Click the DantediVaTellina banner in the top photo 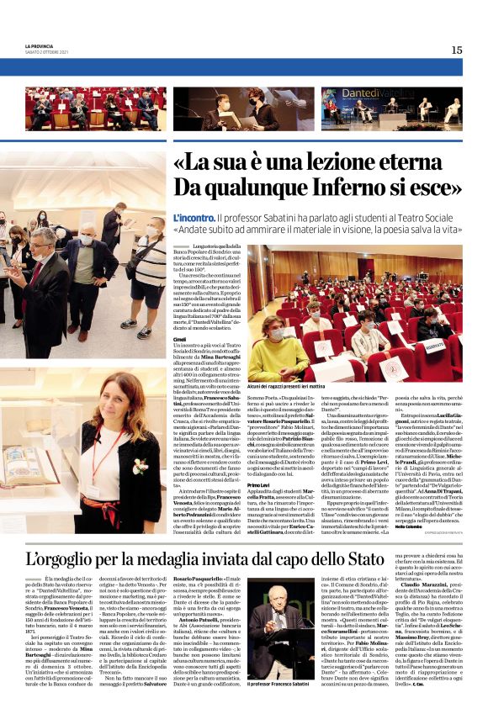[x=365, y=94]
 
